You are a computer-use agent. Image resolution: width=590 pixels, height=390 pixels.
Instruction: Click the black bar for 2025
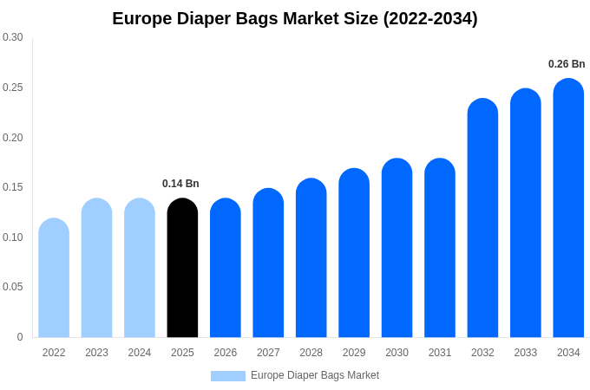tap(182, 269)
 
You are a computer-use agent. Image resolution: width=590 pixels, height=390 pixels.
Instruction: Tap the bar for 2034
tap(568, 208)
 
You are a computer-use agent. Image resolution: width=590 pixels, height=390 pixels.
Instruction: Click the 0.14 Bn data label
tap(180, 184)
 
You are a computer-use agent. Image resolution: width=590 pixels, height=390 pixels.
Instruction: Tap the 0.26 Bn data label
tap(567, 64)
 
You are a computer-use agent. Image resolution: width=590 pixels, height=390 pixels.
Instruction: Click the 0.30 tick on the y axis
tap(13, 37)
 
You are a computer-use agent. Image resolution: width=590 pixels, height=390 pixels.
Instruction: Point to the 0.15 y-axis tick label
tap(13, 187)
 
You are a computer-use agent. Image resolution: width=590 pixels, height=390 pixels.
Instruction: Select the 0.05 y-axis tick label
tap(13, 287)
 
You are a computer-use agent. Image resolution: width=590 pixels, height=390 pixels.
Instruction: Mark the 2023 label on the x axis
tap(96, 353)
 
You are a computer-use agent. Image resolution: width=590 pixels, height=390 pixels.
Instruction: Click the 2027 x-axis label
tap(268, 353)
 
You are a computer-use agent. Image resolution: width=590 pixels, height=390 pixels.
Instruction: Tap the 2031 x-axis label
tap(440, 353)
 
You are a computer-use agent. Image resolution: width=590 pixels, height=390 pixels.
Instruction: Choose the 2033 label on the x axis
tap(526, 353)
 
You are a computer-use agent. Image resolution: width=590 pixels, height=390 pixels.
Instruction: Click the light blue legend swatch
tap(227, 376)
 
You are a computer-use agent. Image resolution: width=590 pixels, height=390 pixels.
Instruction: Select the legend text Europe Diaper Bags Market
tap(315, 375)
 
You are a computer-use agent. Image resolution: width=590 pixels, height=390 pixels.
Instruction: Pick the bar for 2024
tap(140, 269)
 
